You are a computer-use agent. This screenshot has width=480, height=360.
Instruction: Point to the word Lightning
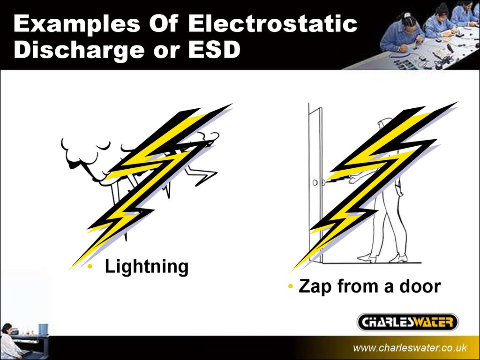tap(146, 267)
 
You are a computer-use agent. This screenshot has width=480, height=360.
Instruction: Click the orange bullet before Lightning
tap(90, 267)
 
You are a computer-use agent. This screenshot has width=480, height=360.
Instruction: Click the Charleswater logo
tap(407, 322)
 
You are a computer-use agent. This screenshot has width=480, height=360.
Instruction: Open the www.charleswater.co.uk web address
tap(410, 348)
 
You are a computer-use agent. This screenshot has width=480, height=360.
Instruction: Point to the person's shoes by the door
tap(382, 257)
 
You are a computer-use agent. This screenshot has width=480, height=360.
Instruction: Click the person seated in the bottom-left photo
tap(9, 342)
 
